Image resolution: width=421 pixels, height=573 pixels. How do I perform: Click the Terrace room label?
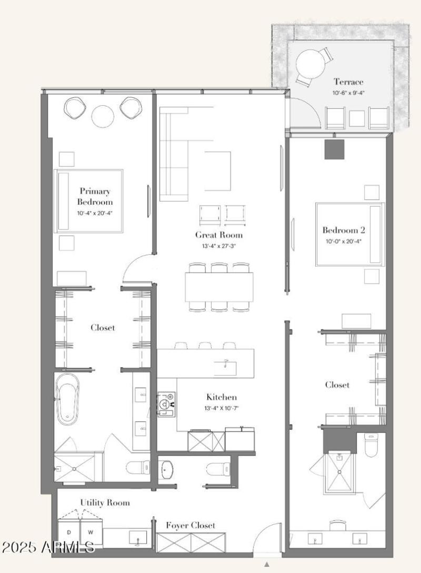[x=348, y=82]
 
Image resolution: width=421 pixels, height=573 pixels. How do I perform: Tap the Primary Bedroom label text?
[x=95, y=196]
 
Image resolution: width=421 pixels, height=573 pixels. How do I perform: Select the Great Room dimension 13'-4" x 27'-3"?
[x=219, y=245]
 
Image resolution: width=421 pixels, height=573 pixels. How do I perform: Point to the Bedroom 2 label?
[x=344, y=229]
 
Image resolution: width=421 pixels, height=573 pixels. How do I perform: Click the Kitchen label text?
[x=221, y=397]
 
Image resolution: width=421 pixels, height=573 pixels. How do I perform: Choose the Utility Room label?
[x=105, y=502]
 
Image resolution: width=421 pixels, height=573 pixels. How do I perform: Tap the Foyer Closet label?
[x=191, y=525]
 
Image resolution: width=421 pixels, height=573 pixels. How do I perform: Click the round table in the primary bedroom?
[x=103, y=116]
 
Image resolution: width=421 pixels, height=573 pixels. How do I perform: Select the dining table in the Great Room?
[x=219, y=287]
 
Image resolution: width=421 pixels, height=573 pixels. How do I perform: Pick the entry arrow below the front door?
[x=267, y=565]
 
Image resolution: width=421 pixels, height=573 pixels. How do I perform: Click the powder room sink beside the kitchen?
[x=169, y=469]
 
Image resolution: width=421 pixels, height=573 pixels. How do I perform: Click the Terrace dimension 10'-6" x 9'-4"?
[x=348, y=93]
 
